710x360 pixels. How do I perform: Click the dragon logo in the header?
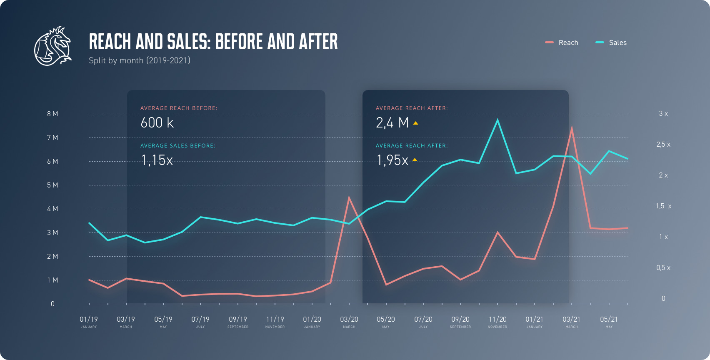pyautogui.click(x=52, y=46)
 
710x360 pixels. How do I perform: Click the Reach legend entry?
pyautogui.click(x=562, y=42)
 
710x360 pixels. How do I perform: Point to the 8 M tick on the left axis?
pyautogui.click(x=52, y=114)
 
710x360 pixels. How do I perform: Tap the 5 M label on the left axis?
pyautogui.click(x=52, y=185)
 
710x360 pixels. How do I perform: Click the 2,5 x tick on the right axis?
pyautogui.click(x=663, y=145)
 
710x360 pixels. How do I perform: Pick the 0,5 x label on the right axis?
pyautogui.click(x=663, y=268)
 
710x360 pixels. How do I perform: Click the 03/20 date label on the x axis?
pyautogui.click(x=349, y=320)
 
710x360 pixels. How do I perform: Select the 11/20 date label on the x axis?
pyautogui.click(x=497, y=320)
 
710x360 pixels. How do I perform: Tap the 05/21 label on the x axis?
pyautogui.click(x=609, y=320)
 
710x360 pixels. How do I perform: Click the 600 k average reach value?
pyautogui.click(x=157, y=123)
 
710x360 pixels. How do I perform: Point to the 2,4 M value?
pyautogui.click(x=392, y=123)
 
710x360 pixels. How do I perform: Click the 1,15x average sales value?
pyautogui.click(x=157, y=160)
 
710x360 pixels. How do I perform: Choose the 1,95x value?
pyautogui.click(x=392, y=160)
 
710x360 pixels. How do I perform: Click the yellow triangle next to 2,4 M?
pyautogui.click(x=415, y=123)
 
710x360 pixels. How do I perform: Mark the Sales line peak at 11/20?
pyautogui.click(x=497, y=120)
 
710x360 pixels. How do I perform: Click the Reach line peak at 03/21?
pyautogui.click(x=572, y=128)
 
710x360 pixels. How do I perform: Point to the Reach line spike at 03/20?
pyautogui.click(x=349, y=198)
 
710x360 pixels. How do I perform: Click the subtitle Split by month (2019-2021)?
pyautogui.click(x=140, y=60)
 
